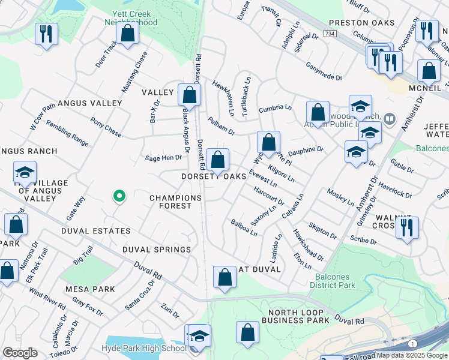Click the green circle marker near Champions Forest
(x=119, y=196)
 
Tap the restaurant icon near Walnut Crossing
(x=407, y=228)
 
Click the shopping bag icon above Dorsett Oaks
(x=218, y=160)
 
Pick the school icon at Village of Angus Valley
(x=25, y=173)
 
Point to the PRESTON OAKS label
(x=362, y=23)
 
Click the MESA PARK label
(x=90, y=289)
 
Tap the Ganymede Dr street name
(x=324, y=71)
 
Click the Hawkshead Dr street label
(x=308, y=245)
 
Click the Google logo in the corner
(x=20, y=353)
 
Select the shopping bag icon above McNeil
(x=429, y=71)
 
